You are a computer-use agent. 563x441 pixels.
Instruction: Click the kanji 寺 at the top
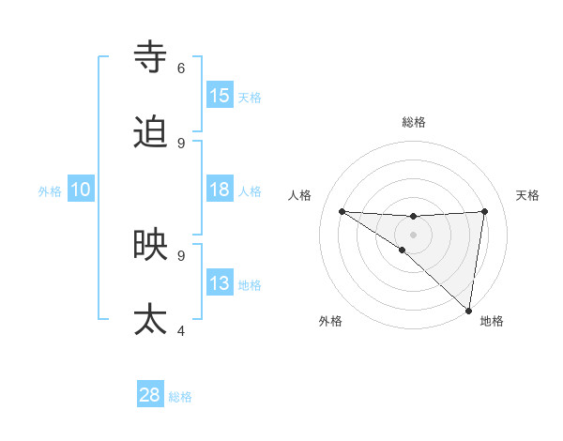[x=151, y=57]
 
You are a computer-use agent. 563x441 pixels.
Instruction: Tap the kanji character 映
[x=151, y=245]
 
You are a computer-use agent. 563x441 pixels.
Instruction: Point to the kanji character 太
[x=151, y=320]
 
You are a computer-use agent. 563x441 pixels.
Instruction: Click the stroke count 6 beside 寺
[x=181, y=68]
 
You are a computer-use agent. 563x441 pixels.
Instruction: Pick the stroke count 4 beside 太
[x=181, y=330]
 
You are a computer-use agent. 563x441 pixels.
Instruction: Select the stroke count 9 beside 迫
[x=181, y=143]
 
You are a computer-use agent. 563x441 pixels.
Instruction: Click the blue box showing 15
[x=220, y=95]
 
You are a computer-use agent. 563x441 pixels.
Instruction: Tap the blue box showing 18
[x=220, y=190]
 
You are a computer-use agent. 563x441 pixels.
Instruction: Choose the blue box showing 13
[x=220, y=283]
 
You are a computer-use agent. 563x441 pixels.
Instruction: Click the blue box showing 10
[x=81, y=190]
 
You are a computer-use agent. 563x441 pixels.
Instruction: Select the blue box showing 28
[x=150, y=395]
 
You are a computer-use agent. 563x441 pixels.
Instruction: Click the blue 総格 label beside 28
[x=180, y=397]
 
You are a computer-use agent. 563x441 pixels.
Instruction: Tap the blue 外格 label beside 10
[x=50, y=191]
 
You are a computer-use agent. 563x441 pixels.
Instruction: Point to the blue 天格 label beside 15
[x=249, y=97]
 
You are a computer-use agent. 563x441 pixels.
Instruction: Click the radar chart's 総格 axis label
[x=414, y=122]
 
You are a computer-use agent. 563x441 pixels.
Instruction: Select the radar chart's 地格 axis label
[x=492, y=321]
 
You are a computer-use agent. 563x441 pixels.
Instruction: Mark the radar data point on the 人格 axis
[x=342, y=211]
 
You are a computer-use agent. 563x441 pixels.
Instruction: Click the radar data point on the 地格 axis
[x=468, y=310]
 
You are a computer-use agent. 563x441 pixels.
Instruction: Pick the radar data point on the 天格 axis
[x=484, y=211]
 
